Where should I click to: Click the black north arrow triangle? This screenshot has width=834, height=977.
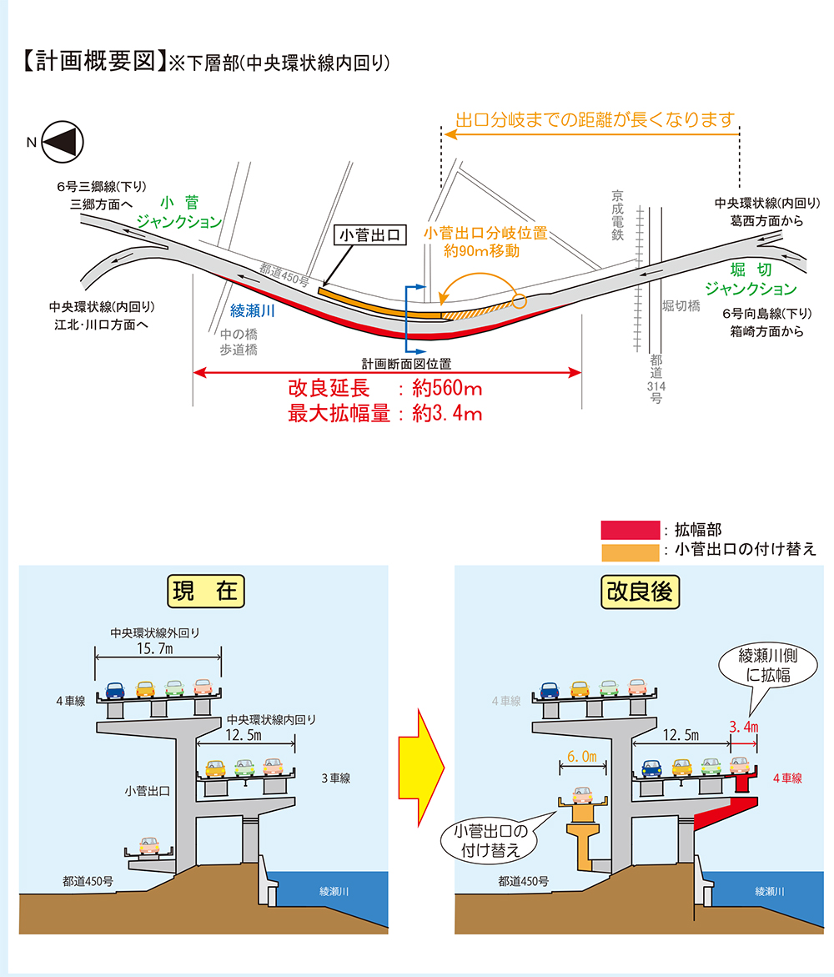tap(63, 141)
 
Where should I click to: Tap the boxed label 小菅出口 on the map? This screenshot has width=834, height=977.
tap(369, 236)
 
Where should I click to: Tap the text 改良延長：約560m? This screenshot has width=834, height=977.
tap(384, 390)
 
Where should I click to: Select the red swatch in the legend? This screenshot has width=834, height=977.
tap(630, 529)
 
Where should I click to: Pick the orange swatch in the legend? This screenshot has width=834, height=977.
tap(630, 551)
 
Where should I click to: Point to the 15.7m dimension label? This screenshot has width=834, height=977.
tap(158, 648)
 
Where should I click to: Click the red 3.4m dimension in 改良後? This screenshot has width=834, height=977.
tap(743, 728)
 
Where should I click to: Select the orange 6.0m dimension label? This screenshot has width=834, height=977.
tap(582, 756)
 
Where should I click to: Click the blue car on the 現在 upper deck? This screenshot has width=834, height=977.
tap(115, 690)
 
